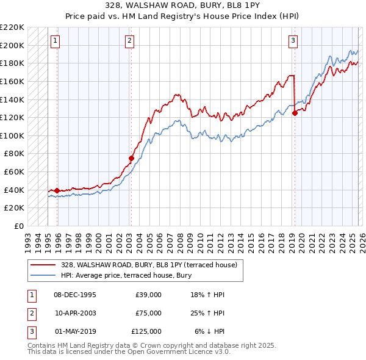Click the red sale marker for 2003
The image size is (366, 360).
131,158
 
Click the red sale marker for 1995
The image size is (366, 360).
57,190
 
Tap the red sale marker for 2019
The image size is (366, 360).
295,113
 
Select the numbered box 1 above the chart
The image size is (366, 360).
56,41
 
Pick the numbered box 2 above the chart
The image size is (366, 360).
130,41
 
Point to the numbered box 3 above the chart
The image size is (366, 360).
293,41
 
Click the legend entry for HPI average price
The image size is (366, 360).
126,275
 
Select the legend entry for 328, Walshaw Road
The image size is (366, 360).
152,265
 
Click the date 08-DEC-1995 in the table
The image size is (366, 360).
75,295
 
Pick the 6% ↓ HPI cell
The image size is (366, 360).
210,331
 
